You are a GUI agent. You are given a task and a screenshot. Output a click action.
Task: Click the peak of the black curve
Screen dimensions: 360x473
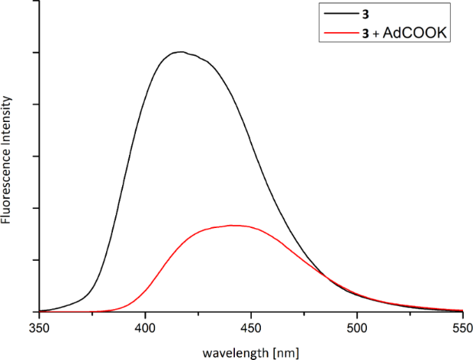pyautogui.click(x=179, y=52)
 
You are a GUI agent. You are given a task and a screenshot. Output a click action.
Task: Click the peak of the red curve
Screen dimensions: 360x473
pyautogui.click(x=233, y=225)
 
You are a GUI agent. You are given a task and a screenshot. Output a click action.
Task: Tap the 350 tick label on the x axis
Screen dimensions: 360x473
pyautogui.click(x=39, y=327)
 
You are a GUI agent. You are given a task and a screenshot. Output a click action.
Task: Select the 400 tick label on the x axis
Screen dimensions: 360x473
pyautogui.click(x=145, y=327)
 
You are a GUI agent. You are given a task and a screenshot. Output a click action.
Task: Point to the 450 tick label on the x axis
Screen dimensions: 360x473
pyautogui.click(x=251, y=327)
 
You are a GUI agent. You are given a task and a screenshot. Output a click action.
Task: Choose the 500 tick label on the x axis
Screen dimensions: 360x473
pyautogui.click(x=357, y=327)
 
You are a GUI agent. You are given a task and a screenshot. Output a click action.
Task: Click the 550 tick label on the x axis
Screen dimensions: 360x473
pyautogui.click(x=462, y=327)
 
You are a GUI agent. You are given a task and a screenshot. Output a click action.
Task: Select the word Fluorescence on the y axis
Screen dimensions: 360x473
pyautogui.click(x=6, y=187)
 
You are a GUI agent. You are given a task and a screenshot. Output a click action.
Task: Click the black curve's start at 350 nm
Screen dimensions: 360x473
pyautogui.click(x=39, y=310)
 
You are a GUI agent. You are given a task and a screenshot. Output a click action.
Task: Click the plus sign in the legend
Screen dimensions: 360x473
pyautogui.click(x=397, y=33)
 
